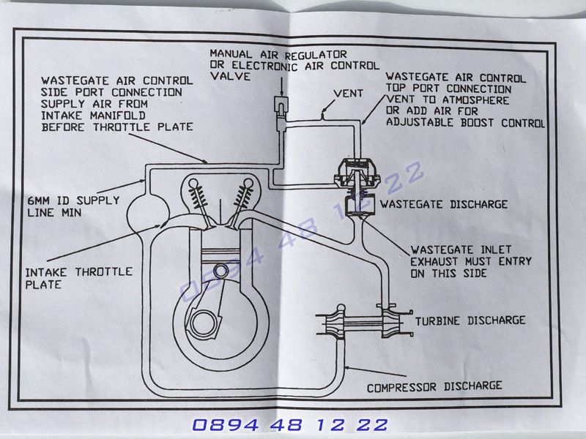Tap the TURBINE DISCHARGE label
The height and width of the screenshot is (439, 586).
pyautogui.click(x=470, y=320)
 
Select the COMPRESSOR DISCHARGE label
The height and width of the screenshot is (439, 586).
pyautogui.click(x=434, y=385)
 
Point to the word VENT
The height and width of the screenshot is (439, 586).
pyautogui.click(x=347, y=94)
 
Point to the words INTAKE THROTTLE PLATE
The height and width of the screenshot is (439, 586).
pyautogui.click(x=78, y=277)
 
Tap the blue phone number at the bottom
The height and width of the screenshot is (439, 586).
pyautogui.click(x=291, y=424)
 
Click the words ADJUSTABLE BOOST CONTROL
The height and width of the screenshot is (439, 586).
pyautogui.click(x=464, y=123)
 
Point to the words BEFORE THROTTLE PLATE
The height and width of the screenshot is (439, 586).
pyautogui.click(x=116, y=126)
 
